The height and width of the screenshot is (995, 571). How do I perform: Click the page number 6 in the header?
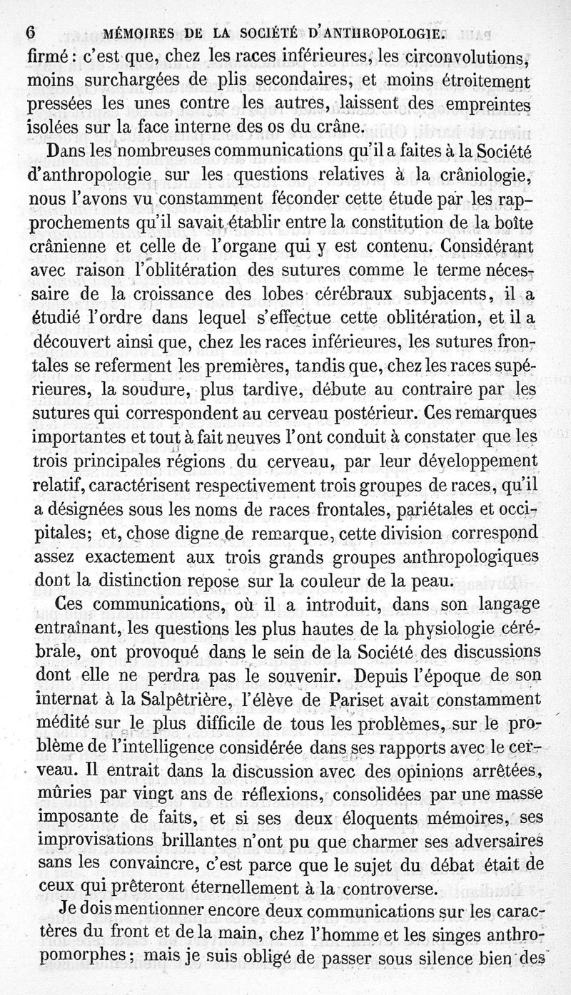point(30,33)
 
